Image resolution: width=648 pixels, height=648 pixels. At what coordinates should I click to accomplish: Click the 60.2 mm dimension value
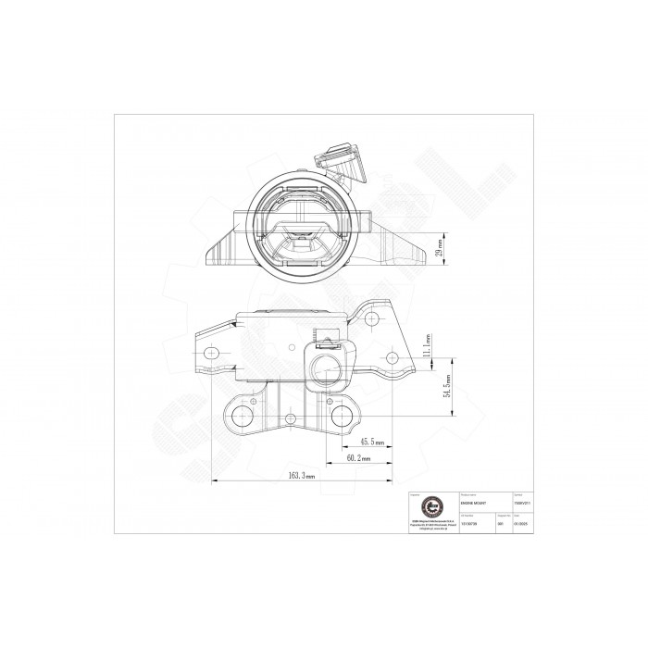[x=358, y=457]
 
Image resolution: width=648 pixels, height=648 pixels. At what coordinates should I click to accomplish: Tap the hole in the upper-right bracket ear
[x=372, y=318]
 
